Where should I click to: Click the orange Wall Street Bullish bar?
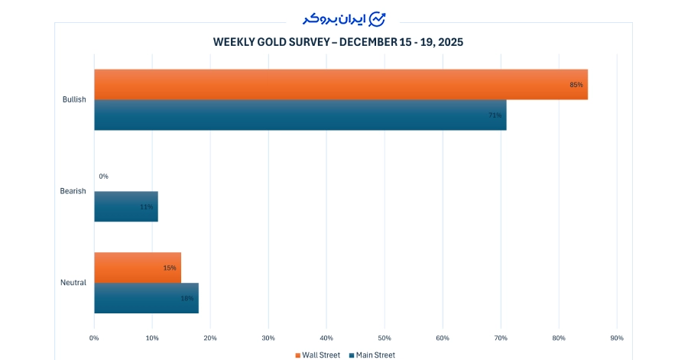pyautogui.click(x=340, y=85)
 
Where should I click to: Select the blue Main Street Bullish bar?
pyautogui.click(x=300, y=115)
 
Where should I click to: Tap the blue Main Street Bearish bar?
pyautogui.click(x=125, y=206)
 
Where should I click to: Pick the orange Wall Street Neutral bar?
pyautogui.click(x=137, y=268)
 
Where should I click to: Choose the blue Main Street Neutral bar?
pyautogui.click(x=146, y=298)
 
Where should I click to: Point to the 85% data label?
pyautogui.click(x=576, y=85)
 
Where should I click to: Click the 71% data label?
pyautogui.click(x=495, y=115)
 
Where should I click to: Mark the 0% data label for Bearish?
pyautogui.click(x=103, y=177)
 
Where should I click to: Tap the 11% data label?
pyautogui.click(x=146, y=207)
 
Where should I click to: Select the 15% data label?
pyautogui.click(x=170, y=268)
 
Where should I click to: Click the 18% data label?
pyautogui.click(x=187, y=298)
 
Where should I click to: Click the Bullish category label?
pyautogui.click(x=74, y=99)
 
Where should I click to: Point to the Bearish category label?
pyautogui.click(x=73, y=191)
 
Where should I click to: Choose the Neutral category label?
pyautogui.click(x=73, y=283)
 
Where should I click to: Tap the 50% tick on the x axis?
pyautogui.click(x=385, y=338)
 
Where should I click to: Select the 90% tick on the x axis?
pyautogui.click(x=617, y=338)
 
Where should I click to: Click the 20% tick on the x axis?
pyautogui.click(x=210, y=338)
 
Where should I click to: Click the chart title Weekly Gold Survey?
pyautogui.click(x=338, y=42)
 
